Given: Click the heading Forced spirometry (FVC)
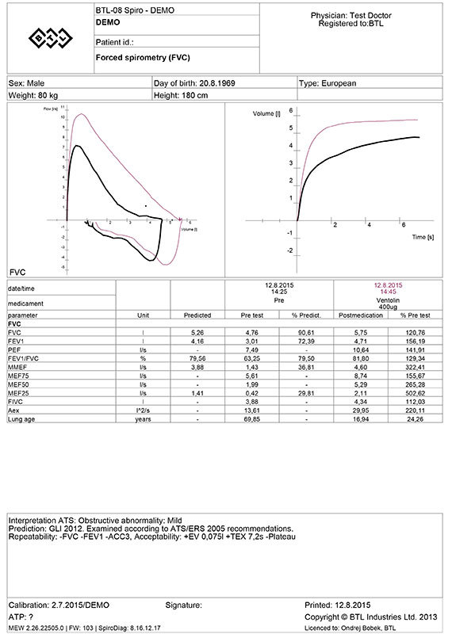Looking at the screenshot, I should pos(130,58).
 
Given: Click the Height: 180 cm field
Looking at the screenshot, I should pos(182,95).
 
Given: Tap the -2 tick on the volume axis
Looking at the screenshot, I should pos(290,250).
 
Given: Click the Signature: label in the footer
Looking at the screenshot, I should pos(184,605).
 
